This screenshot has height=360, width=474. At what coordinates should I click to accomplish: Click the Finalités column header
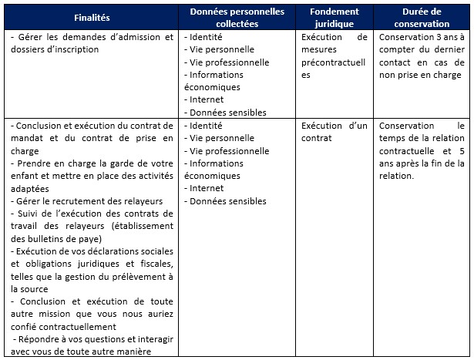[92, 17]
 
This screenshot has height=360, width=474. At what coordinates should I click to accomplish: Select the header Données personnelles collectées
[237, 17]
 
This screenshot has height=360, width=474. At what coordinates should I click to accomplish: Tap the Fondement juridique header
[334, 17]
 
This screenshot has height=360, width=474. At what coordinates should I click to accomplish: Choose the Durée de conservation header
[422, 17]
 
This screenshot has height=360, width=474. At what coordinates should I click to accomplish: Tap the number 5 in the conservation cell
[461, 151]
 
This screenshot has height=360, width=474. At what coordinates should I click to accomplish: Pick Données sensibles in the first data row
[228, 113]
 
